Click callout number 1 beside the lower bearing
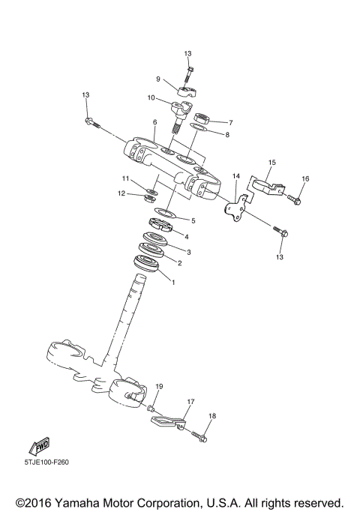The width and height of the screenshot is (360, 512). click(173, 283)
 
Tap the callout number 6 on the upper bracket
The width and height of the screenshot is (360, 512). click(154, 122)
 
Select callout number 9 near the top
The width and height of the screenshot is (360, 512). click(158, 79)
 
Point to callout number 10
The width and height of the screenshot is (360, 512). click(151, 98)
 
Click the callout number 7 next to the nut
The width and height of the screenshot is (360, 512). click(230, 122)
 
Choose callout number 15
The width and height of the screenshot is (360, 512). click(271, 162)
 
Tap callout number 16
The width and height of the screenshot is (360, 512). click(304, 178)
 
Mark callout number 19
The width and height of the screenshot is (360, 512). click(158, 386)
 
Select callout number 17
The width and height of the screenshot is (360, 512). click(190, 402)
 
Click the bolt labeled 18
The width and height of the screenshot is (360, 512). click(201, 434)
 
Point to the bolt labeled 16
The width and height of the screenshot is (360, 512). click(295, 199)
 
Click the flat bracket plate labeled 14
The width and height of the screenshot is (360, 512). click(237, 209)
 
